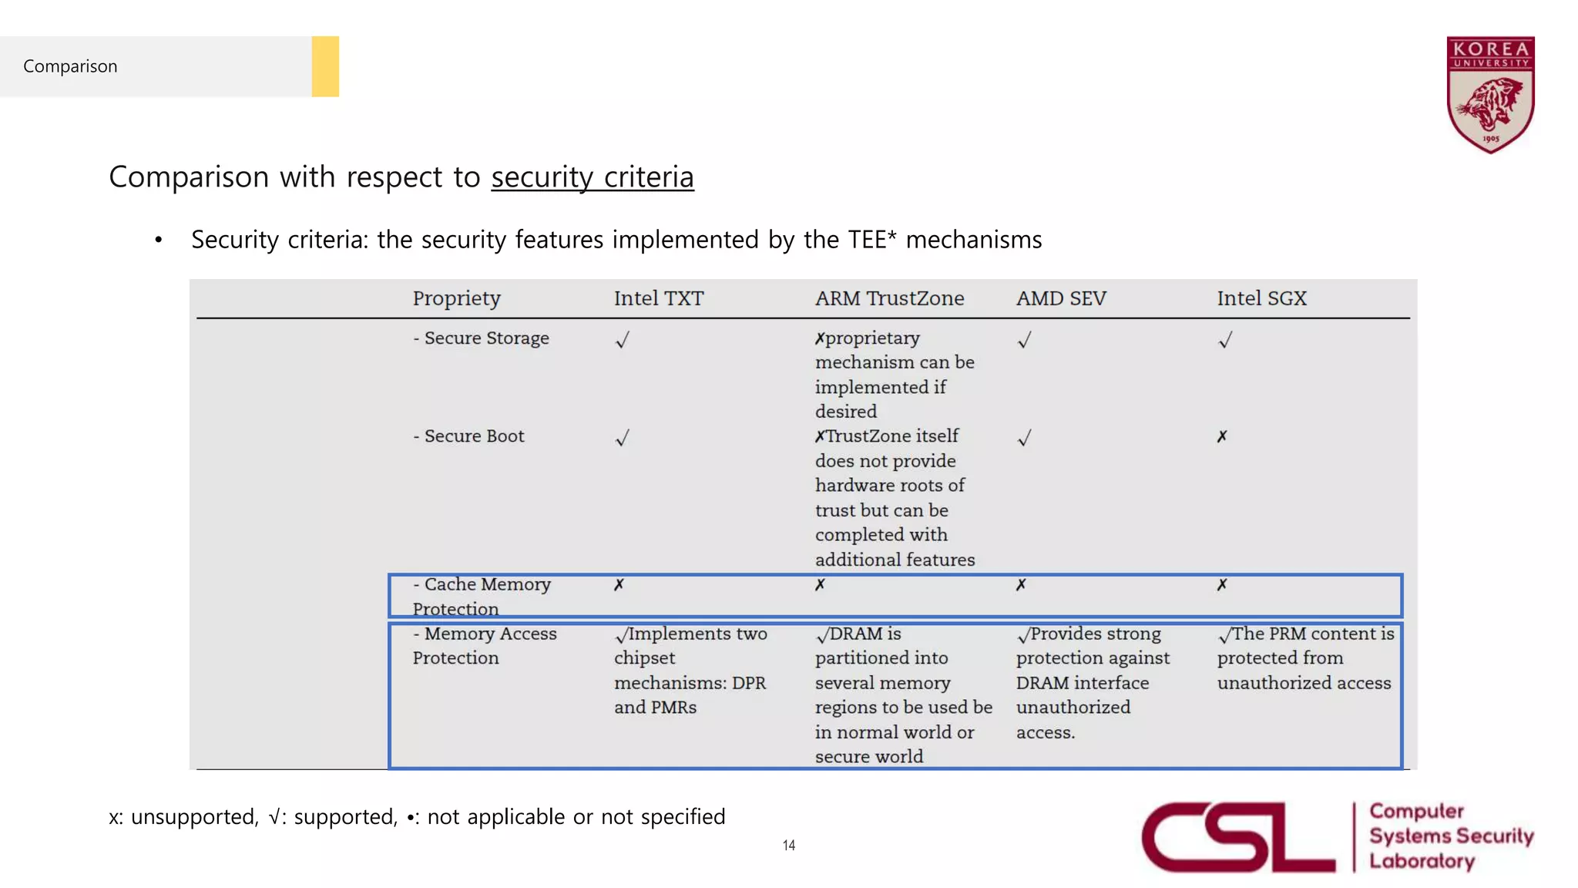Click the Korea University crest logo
click(1490, 94)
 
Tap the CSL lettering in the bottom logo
click(1237, 837)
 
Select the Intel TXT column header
click(659, 298)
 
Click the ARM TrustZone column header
click(889, 298)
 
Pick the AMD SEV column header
click(1061, 298)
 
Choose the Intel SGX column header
click(1261, 298)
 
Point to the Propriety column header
click(456, 298)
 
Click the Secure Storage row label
click(481, 338)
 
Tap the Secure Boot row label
click(468, 436)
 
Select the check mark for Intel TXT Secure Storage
click(623, 340)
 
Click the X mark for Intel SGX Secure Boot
click(1222, 437)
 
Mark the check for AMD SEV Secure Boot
click(1024, 438)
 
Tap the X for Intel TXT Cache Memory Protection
click(619, 585)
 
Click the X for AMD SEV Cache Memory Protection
click(1021, 585)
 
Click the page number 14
click(788, 845)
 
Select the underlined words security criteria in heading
click(593, 177)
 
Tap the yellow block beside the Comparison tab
click(325, 66)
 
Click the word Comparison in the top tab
click(70, 66)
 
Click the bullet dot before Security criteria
click(159, 240)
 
